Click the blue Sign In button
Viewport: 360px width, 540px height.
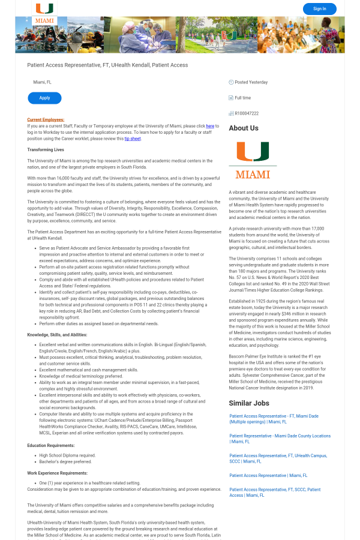(x=319, y=8)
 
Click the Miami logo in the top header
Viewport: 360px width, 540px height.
(x=44, y=13)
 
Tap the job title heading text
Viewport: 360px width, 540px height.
(x=107, y=65)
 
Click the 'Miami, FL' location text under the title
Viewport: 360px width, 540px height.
(x=42, y=82)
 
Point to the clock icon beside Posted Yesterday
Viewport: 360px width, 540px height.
(x=231, y=82)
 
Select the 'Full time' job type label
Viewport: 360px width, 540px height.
(x=242, y=98)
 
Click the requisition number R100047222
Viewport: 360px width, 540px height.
(x=247, y=113)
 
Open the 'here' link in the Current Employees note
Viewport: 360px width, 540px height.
(x=210, y=126)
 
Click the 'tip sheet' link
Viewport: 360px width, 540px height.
(x=133, y=139)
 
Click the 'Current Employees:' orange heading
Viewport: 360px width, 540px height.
(x=46, y=119)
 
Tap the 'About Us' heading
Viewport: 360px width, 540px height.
(x=244, y=128)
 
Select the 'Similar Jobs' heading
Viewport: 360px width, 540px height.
(x=249, y=403)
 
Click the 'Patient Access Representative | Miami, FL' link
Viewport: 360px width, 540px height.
(x=268, y=475)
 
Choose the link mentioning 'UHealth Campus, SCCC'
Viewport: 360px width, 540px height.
(x=278, y=458)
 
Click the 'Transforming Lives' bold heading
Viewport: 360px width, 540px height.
(x=46, y=149)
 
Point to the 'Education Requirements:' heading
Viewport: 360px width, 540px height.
(x=51, y=445)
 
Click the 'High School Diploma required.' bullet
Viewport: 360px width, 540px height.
(x=67, y=455)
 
